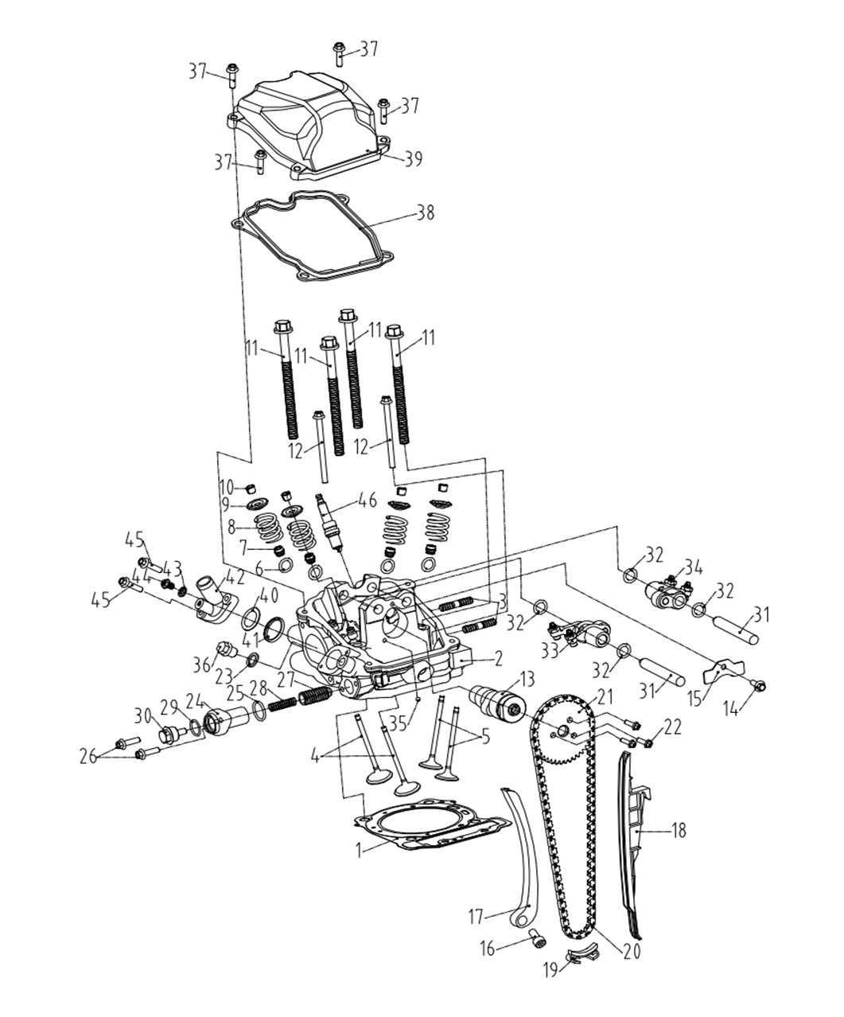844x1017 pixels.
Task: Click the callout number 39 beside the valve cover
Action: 413,159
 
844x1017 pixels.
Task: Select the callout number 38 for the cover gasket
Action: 425,212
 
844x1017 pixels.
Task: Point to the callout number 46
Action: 368,501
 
